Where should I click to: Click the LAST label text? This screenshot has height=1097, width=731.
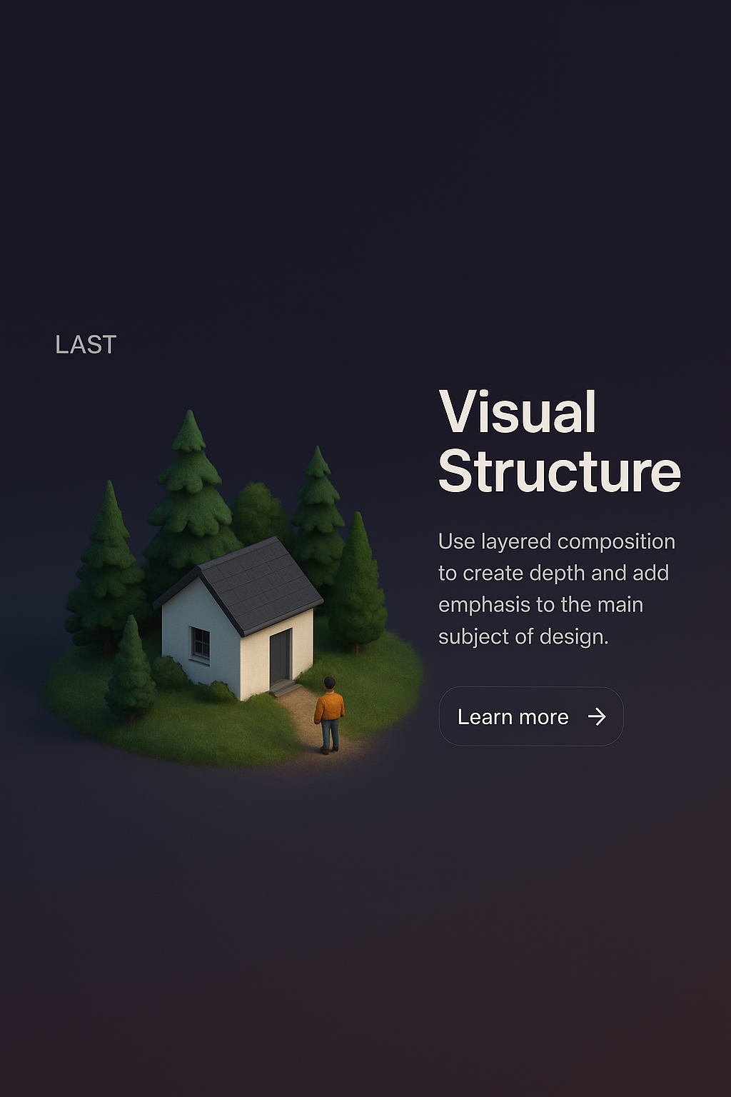coord(86,344)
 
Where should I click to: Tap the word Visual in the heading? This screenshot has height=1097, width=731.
coord(518,411)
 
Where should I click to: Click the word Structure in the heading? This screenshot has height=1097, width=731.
coord(560,471)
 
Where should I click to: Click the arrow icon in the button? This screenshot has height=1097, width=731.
coord(597,716)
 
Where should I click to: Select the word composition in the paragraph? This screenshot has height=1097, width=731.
coord(617,542)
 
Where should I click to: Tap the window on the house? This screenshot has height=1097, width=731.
coord(200,643)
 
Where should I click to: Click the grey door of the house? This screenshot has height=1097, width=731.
coord(281,657)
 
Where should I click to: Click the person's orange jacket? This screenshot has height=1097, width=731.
coord(329,707)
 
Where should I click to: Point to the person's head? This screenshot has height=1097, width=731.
coord(330,683)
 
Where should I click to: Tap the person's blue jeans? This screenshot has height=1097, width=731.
coord(330,735)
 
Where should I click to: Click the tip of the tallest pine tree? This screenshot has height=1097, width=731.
coord(189,411)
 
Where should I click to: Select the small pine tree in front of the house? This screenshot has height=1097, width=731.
coord(130,667)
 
